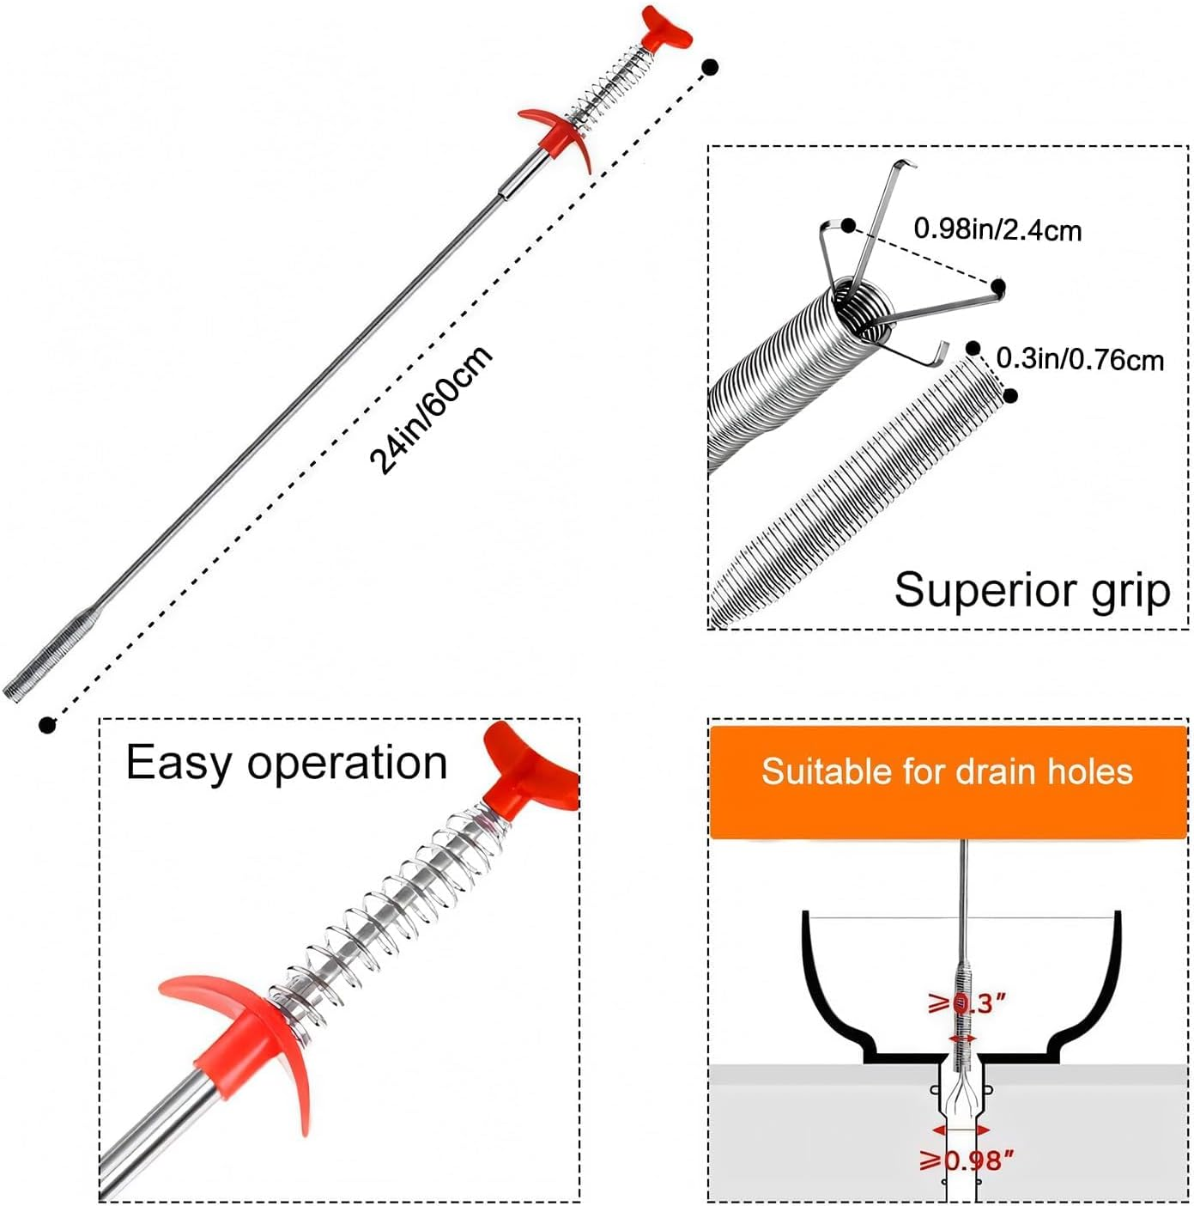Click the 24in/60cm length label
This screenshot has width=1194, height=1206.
pos(431,410)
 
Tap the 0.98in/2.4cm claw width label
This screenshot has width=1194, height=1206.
pos(997,229)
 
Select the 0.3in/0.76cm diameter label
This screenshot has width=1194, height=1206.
pos(1080,358)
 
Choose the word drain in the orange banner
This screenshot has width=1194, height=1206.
pos(994,771)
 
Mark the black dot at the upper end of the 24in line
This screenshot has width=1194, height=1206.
pos(710,66)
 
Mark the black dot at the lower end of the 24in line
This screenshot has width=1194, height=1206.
pos(47,725)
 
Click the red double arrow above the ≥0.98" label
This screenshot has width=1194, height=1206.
pos(961,1130)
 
